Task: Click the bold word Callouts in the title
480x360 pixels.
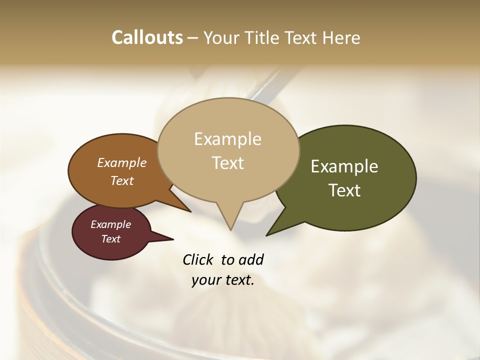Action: [147, 37]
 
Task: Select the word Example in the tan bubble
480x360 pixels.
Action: [227, 139]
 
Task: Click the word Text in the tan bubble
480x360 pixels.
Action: [227, 163]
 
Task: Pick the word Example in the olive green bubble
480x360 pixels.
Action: [344, 166]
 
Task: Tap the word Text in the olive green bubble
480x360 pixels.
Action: [344, 190]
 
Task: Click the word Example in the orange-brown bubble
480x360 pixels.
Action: [121, 163]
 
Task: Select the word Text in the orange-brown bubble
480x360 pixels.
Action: [121, 180]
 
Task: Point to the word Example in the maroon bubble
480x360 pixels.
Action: [110, 224]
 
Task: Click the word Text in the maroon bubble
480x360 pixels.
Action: [110, 239]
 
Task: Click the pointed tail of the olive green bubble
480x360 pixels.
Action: [267, 234]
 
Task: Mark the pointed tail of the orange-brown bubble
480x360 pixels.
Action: [190, 211]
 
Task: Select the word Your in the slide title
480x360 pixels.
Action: [220, 37]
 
